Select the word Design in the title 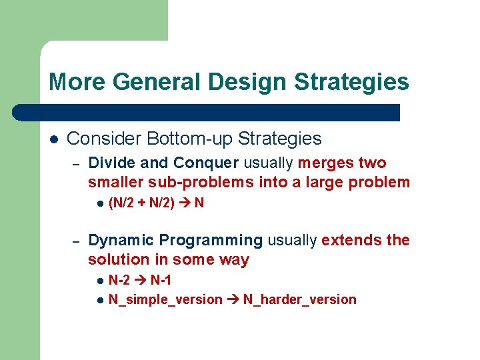coord(248,82)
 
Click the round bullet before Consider coord(54,139)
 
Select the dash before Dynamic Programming coord(76,241)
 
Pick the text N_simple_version coord(165,300)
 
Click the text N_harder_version coord(299,300)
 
